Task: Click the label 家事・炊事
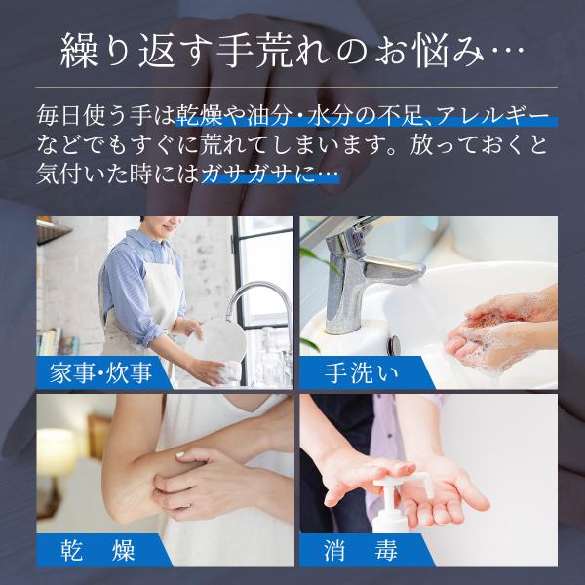coord(100,372)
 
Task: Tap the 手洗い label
coord(361,372)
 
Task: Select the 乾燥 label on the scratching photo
coord(97,550)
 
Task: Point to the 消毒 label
coord(361,550)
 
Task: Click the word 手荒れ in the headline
coord(275,51)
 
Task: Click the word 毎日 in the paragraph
coord(59,115)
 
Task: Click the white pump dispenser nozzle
coord(406,482)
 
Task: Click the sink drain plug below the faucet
coord(394,345)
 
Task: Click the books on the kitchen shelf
coord(57,341)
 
